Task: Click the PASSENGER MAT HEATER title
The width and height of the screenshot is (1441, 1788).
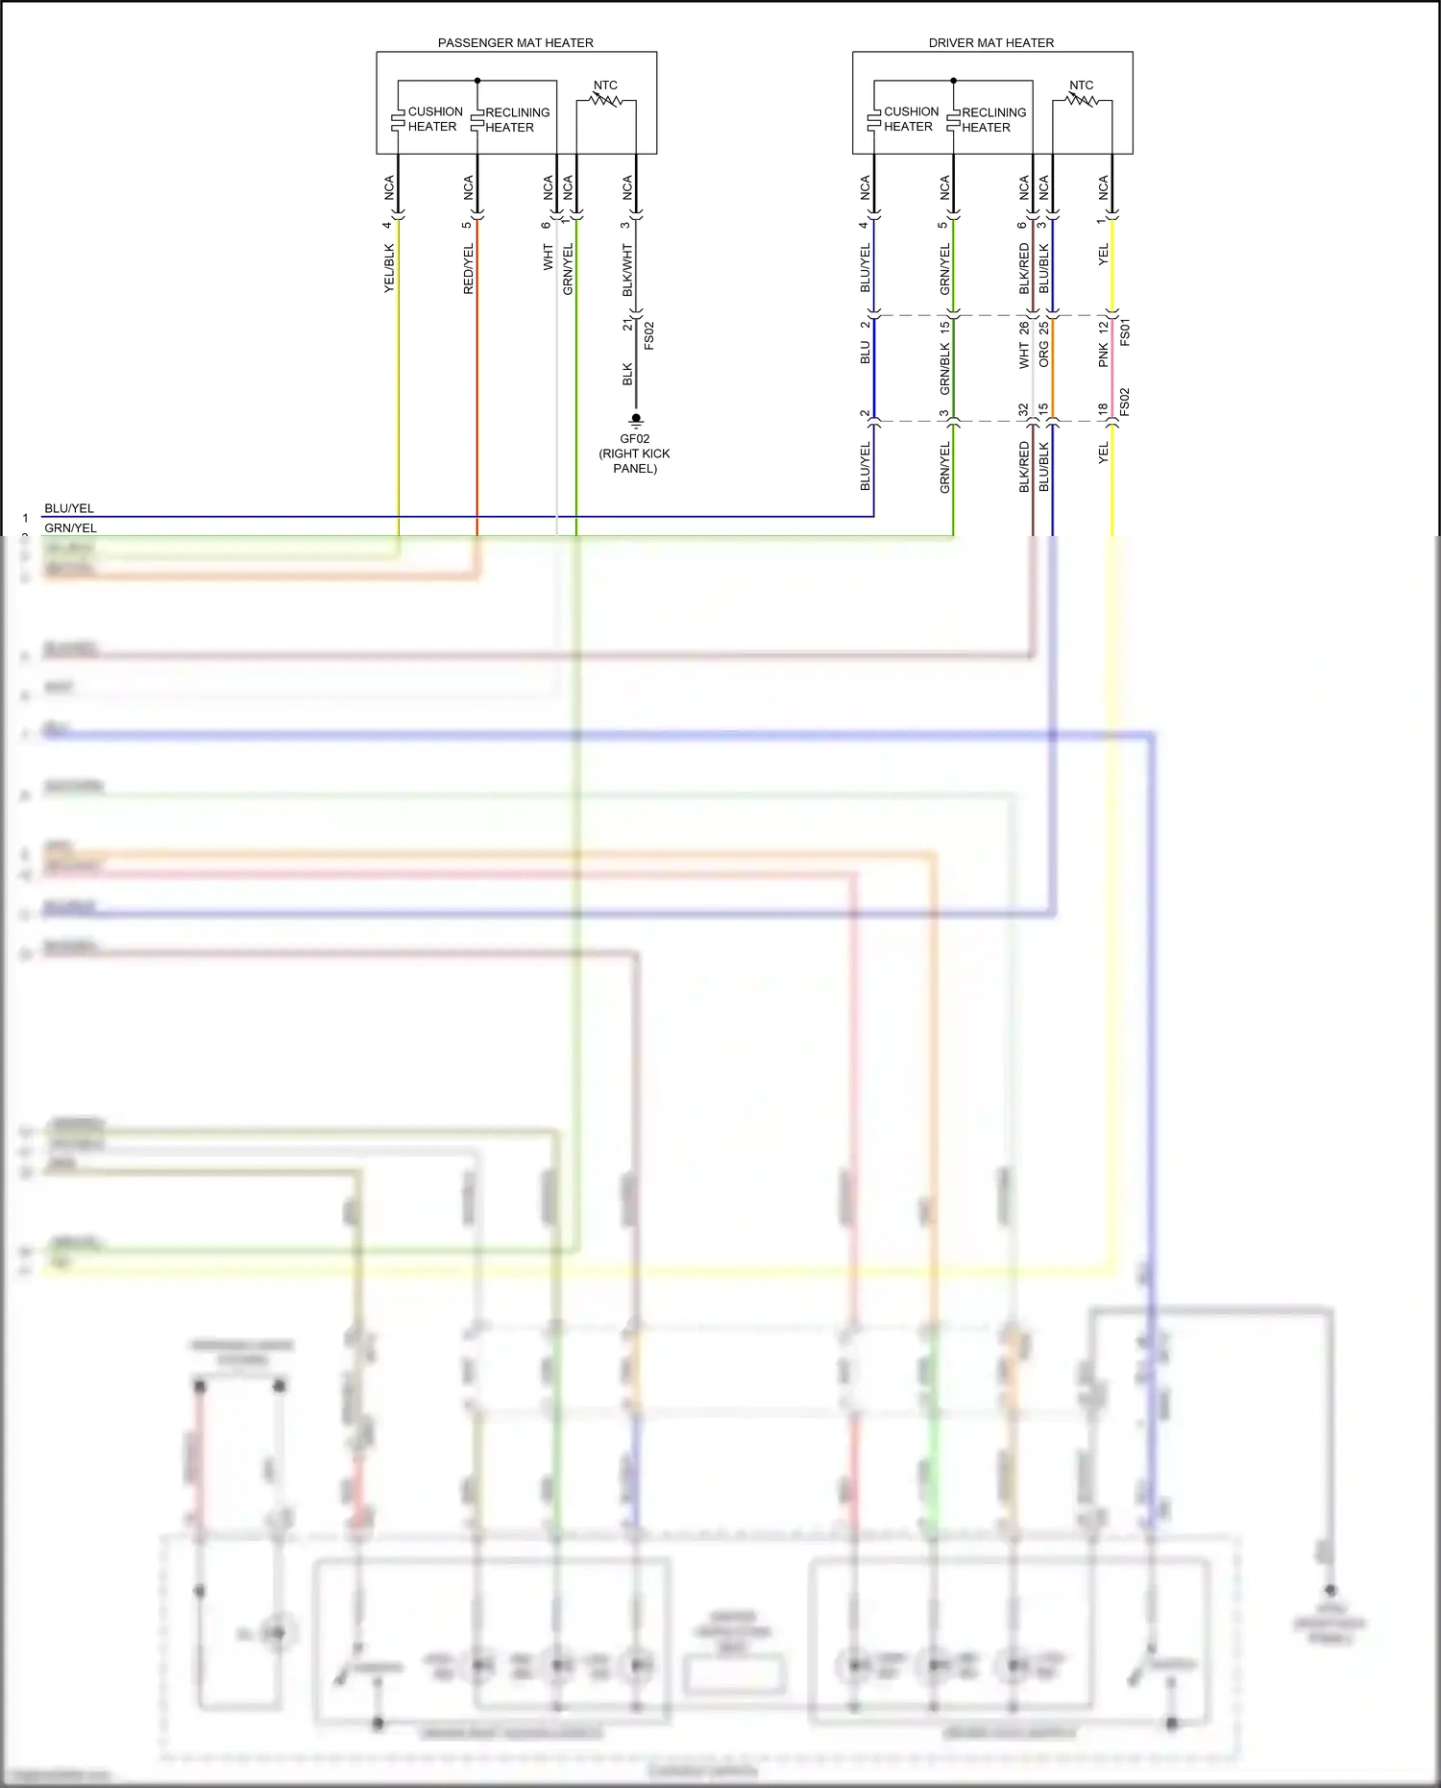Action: [515, 43]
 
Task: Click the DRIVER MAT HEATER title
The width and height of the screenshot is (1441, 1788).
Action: [990, 43]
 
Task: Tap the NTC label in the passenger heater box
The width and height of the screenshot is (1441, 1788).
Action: [605, 86]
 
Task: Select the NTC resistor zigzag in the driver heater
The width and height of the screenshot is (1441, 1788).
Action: [1082, 99]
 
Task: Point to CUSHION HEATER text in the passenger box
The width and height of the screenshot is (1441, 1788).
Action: [434, 119]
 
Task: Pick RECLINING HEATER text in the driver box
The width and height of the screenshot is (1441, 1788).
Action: [993, 120]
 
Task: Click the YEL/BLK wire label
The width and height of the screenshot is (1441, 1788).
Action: [389, 268]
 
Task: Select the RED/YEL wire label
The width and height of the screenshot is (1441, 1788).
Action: [469, 268]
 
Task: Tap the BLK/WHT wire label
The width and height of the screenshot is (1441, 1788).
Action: [627, 270]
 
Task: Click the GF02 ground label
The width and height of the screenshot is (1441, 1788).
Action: [635, 439]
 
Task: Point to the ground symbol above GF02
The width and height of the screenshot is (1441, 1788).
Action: [636, 420]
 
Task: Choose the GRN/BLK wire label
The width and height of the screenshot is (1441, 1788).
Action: [945, 369]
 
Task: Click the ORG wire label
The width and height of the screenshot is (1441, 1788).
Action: [1044, 355]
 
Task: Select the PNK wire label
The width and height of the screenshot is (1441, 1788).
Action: [1104, 355]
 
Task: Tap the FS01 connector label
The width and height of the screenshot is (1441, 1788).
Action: [1125, 332]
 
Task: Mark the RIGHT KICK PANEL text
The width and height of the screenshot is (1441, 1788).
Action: [635, 461]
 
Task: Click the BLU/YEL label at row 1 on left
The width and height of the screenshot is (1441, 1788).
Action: [69, 508]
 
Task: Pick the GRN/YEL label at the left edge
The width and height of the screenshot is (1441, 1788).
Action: [70, 527]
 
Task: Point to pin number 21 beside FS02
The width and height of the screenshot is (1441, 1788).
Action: [628, 324]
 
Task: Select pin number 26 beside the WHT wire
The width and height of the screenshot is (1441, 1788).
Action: [1024, 328]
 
